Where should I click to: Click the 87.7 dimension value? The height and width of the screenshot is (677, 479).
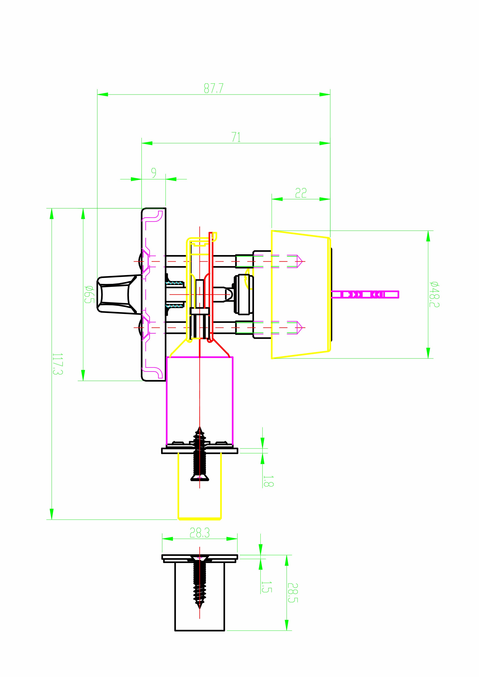tap(214, 88)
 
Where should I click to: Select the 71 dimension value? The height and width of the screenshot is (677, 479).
tap(236, 137)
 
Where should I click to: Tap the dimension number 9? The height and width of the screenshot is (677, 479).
tap(154, 173)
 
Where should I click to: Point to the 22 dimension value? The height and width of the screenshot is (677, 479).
tap(301, 193)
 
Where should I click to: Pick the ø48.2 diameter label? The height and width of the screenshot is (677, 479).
tap(434, 294)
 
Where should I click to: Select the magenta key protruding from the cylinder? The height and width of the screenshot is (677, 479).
tap(365, 294)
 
